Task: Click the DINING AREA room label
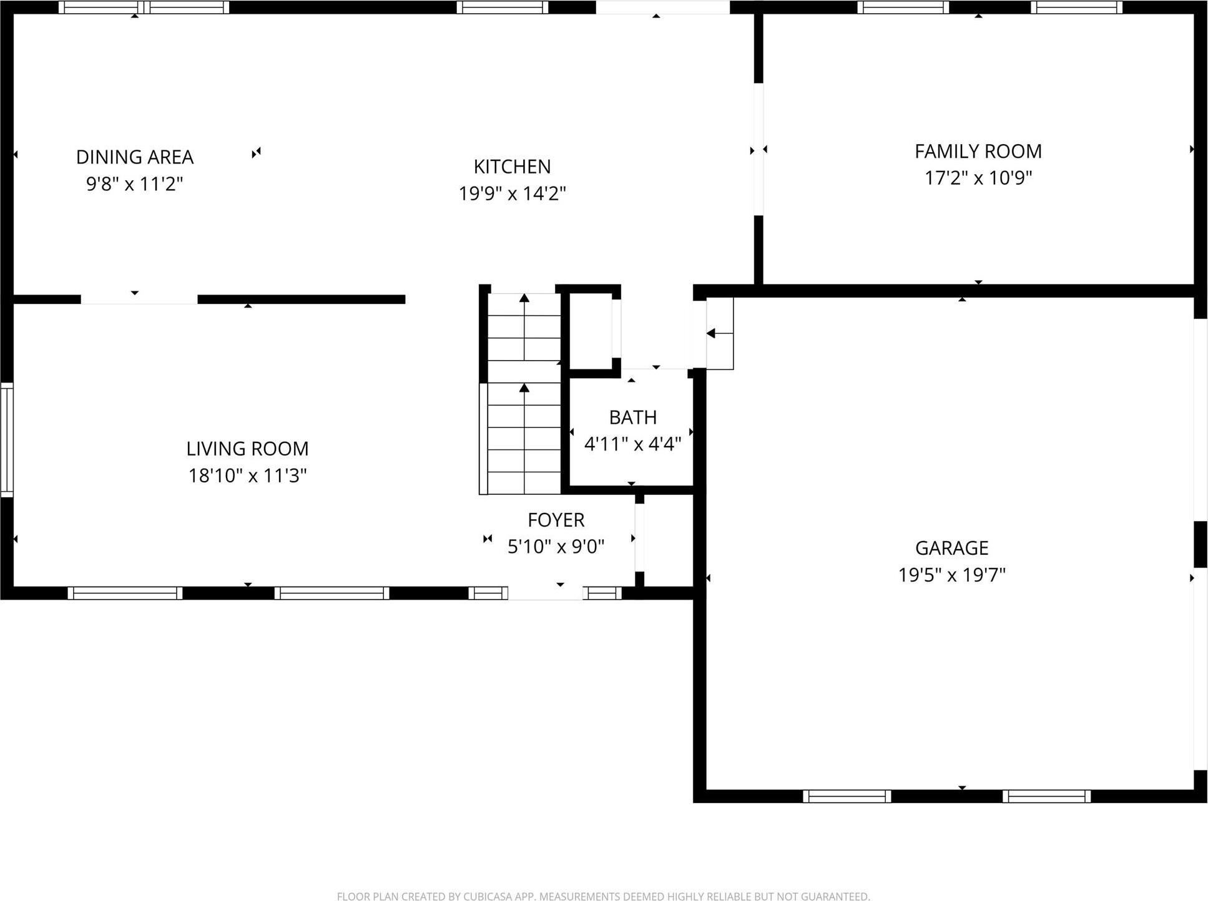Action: (x=135, y=157)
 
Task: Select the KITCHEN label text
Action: (x=512, y=167)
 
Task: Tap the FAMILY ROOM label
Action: (x=978, y=151)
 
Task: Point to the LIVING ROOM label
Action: (x=247, y=449)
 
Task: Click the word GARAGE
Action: (x=951, y=548)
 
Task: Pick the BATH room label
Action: (x=632, y=417)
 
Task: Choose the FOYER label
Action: (x=556, y=520)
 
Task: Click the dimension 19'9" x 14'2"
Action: (x=512, y=193)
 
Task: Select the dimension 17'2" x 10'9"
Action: (x=978, y=178)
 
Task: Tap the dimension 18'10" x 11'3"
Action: (x=247, y=475)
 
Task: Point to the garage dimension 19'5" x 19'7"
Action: (x=951, y=575)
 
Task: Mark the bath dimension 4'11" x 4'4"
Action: (x=632, y=444)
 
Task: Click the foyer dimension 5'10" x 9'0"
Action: (x=556, y=547)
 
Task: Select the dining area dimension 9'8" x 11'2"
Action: (x=135, y=184)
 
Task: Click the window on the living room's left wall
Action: (x=7, y=440)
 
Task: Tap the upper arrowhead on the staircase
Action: (x=524, y=298)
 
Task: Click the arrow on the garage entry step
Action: (x=711, y=334)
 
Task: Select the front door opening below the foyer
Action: (x=546, y=593)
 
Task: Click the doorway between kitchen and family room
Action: (x=759, y=150)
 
